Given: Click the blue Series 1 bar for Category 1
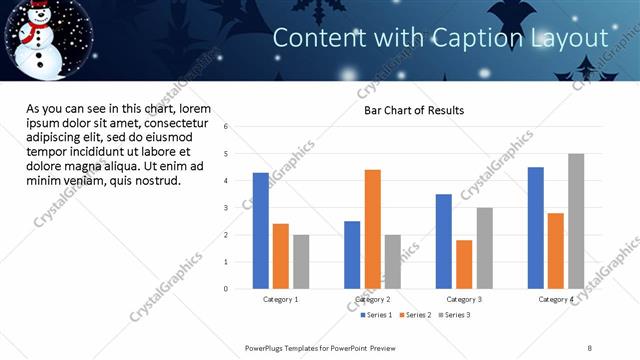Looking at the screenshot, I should [261, 231].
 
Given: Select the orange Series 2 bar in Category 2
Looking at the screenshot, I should [372, 229].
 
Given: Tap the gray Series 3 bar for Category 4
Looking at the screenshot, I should [576, 221].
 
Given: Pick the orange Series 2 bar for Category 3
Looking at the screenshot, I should [464, 264].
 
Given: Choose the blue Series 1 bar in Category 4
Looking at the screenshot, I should [536, 228].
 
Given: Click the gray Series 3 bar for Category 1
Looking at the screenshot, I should [301, 262].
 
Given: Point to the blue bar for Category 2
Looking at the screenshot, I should [352, 255].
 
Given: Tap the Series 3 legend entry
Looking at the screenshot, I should [457, 315].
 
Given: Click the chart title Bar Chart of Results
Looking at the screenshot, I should [413, 110].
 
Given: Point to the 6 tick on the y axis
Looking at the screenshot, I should [227, 127].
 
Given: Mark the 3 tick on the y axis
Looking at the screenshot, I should [227, 208].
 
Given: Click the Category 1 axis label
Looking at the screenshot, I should [281, 299].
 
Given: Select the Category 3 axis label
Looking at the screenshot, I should [464, 299].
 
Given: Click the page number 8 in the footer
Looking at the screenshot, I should [590, 347].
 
